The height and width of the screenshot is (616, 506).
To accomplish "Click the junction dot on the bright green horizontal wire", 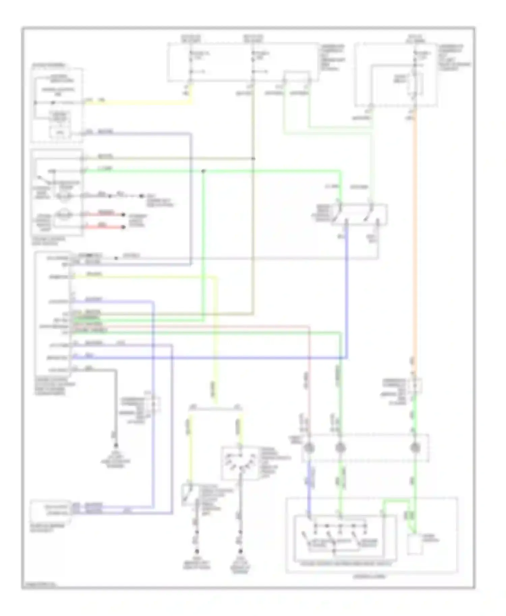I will click(203, 171).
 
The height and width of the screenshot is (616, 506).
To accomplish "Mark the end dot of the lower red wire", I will click(123, 227).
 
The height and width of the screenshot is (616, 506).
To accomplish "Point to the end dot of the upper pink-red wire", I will click(123, 215).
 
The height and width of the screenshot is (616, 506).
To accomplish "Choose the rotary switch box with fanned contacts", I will click(240, 463).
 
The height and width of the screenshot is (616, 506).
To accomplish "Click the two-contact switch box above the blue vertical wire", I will click(360, 214).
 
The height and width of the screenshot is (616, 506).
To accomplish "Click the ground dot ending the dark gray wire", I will click(116, 445).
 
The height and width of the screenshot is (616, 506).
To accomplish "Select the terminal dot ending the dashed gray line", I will click(141, 196).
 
